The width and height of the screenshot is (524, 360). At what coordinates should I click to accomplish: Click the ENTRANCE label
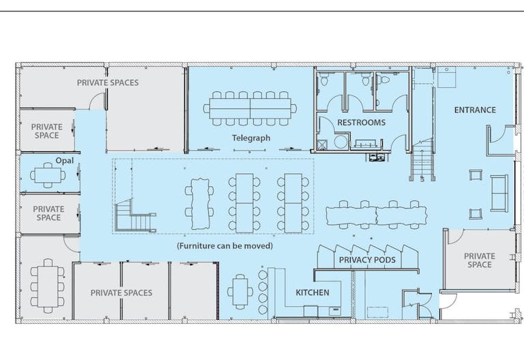coord(475,110)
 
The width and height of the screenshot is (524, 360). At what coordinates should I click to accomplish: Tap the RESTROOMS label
coord(361,123)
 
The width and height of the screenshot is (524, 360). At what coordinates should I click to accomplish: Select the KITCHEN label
coord(312,292)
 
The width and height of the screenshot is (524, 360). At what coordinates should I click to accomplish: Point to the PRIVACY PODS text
coord(367,260)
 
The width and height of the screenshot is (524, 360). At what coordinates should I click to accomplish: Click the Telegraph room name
coord(251,138)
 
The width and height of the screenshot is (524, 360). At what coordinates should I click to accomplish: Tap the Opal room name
coord(65,161)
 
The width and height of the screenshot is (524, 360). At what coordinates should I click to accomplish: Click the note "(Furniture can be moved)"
coord(225,246)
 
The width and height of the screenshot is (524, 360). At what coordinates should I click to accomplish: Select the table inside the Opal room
coord(48,175)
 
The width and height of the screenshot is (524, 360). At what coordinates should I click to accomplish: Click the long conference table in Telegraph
coord(250,108)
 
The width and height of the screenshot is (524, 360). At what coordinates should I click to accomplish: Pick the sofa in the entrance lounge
coord(499,193)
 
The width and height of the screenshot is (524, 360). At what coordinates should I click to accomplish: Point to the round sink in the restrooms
coord(340,142)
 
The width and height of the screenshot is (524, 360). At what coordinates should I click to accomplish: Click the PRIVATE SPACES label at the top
coord(108,82)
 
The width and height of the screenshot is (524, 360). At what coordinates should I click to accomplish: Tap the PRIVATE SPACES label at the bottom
coord(121,293)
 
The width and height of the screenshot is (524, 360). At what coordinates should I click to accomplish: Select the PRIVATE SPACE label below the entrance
coord(479,260)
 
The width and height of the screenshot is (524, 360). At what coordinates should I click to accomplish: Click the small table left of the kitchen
coord(240,292)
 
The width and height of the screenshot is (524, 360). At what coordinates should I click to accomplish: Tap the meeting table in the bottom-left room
coord(48,286)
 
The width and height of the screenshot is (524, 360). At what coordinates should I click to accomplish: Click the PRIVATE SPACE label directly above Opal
coord(47,131)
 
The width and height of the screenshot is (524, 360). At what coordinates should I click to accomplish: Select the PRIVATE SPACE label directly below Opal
coord(48,213)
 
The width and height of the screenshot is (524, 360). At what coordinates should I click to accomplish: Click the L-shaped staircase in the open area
coord(134,216)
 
